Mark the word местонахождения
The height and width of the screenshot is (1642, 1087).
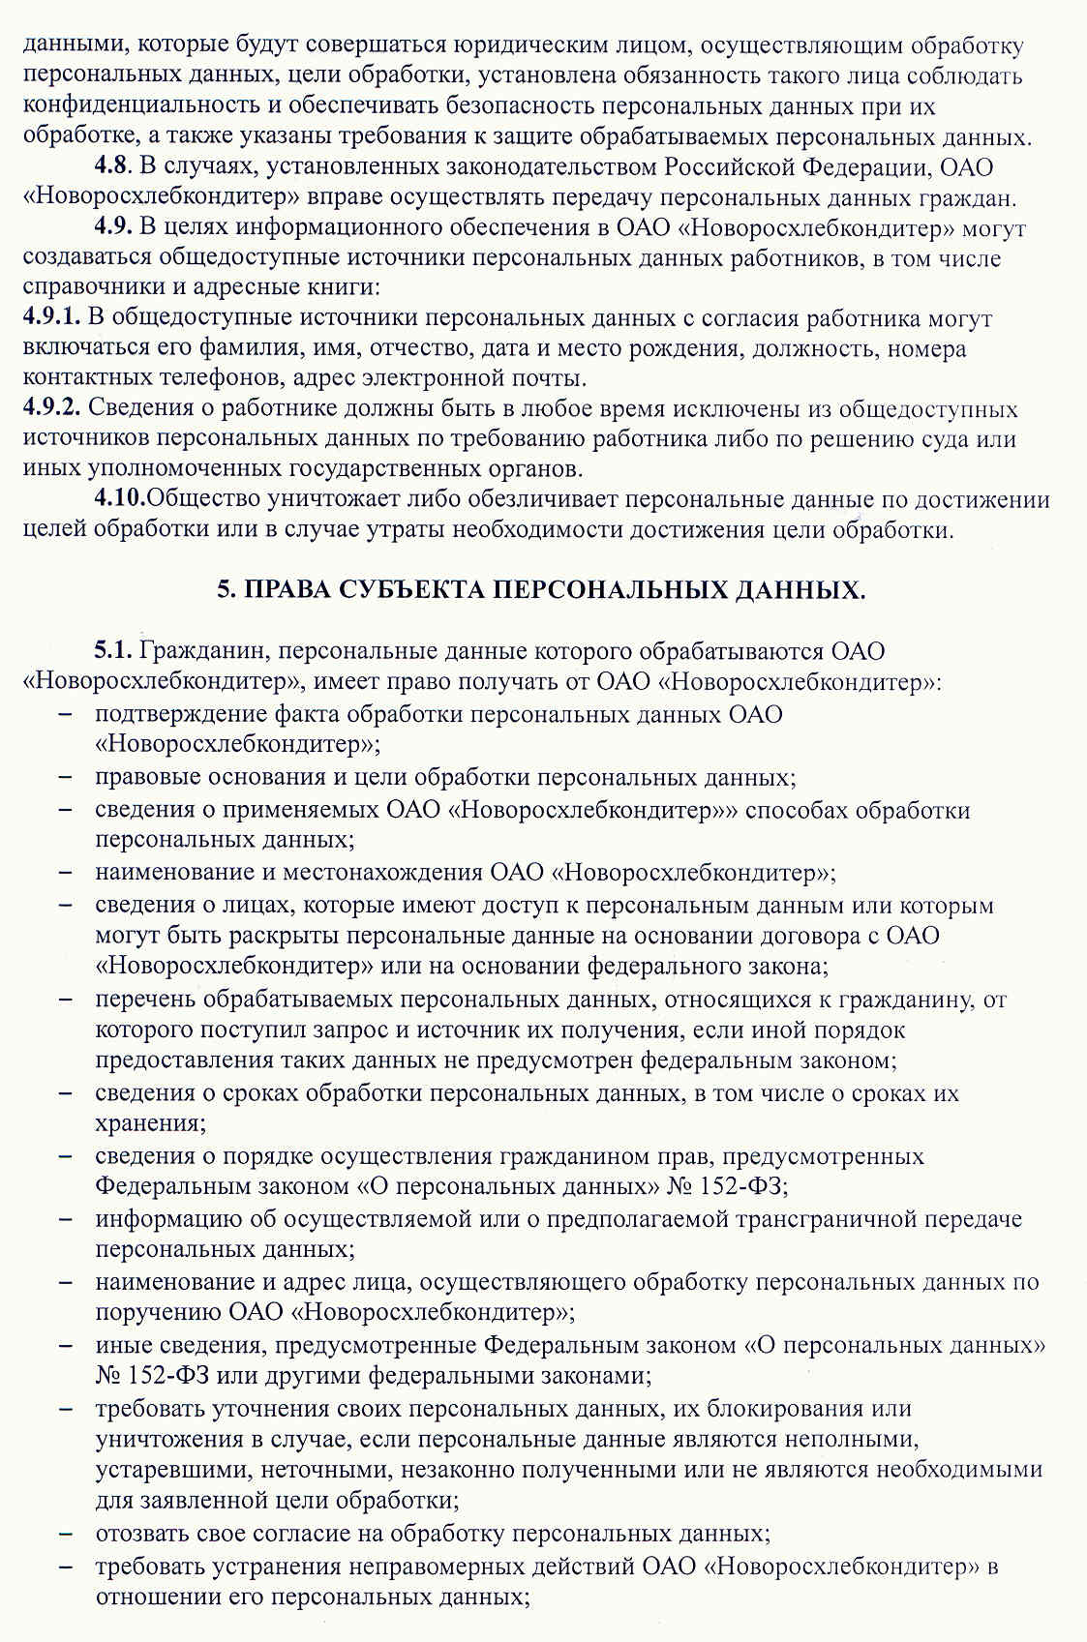click(385, 873)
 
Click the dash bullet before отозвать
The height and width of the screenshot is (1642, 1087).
click(65, 1534)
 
